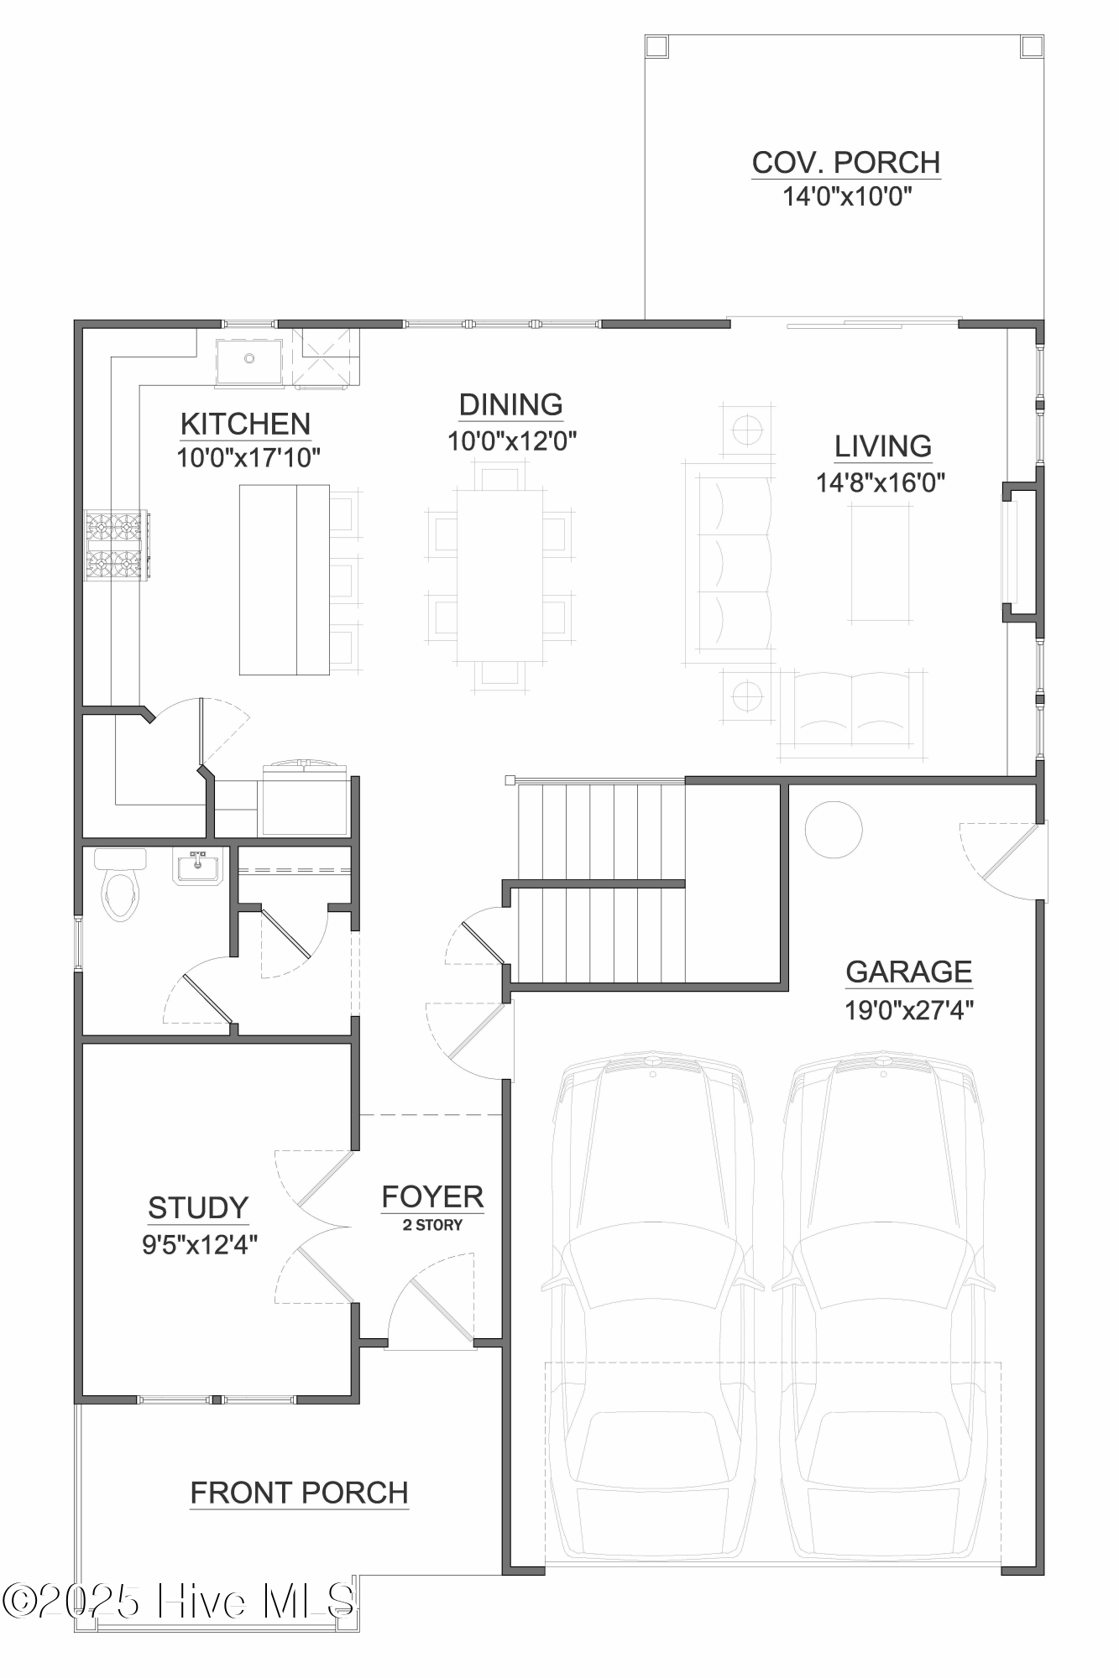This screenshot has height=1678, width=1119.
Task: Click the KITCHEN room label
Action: pyautogui.click(x=245, y=425)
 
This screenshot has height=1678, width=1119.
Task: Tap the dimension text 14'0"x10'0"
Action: pyautogui.click(x=847, y=196)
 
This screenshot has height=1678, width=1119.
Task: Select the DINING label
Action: pyautogui.click(x=510, y=405)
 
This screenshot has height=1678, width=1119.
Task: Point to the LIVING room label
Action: pyautogui.click(x=882, y=446)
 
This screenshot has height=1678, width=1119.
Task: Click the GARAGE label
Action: pyautogui.click(x=908, y=972)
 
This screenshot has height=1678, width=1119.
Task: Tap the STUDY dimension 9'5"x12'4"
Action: pyautogui.click(x=200, y=1244)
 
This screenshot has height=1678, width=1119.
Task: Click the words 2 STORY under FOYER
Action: pyautogui.click(x=432, y=1225)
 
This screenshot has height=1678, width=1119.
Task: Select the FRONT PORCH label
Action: pyautogui.click(x=299, y=1493)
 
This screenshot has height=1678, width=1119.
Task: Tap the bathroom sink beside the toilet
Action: pyautogui.click(x=198, y=867)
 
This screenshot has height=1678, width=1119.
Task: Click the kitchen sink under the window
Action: pyautogui.click(x=249, y=361)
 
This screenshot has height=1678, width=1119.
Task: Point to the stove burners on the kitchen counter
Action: pyautogui.click(x=116, y=545)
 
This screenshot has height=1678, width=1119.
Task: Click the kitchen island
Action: pyautogui.click(x=284, y=580)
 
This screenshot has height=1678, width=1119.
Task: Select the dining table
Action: pyautogui.click(x=499, y=576)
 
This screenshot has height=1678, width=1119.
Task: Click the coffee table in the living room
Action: pyautogui.click(x=879, y=563)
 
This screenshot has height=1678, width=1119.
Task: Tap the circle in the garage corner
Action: pyautogui.click(x=833, y=829)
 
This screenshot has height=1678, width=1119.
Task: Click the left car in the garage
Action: pyautogui.click(x=651, y=1309)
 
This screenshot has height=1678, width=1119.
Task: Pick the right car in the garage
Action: pyautogui.click(x=881, y=1309)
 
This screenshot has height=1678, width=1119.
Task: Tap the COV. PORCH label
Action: pyautogui.click(x=845, y=163)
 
